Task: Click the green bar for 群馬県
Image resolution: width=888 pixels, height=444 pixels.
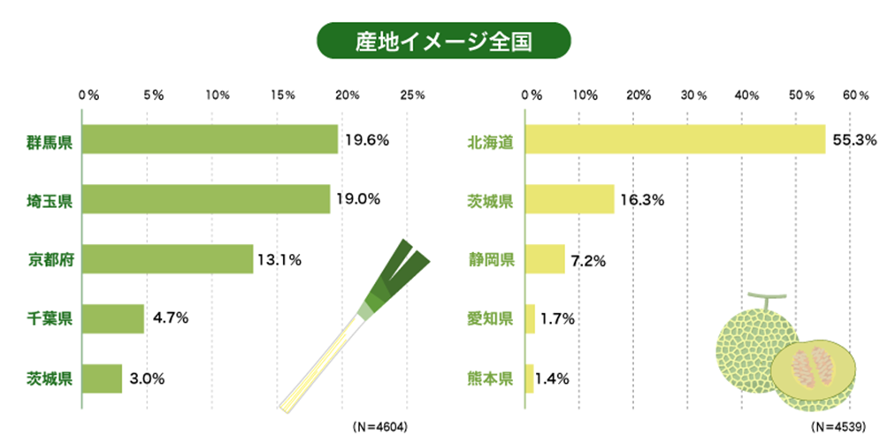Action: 211,140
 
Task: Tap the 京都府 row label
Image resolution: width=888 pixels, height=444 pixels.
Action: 49,260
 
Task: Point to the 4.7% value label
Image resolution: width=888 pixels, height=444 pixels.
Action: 170,318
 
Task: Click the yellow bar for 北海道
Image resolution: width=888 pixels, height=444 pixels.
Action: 676,140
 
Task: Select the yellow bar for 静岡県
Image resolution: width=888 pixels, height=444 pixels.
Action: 546,259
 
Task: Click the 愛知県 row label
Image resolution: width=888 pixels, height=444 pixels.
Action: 490,318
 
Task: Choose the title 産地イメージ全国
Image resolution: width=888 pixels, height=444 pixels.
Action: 444,42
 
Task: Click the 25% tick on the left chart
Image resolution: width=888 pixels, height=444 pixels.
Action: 412,95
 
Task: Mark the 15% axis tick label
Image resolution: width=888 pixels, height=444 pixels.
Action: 282,95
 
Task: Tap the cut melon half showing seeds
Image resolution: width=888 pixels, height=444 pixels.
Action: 812,371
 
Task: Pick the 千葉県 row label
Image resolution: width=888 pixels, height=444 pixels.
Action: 49,319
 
